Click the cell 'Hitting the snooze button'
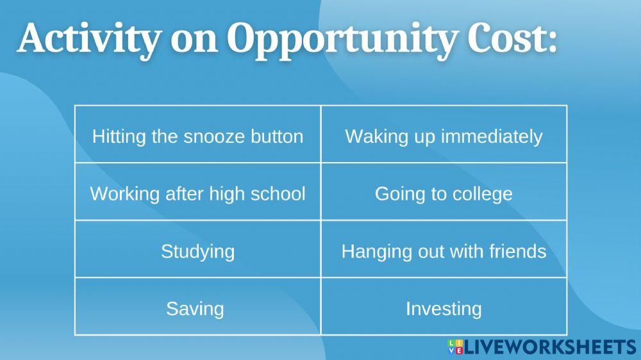pyautogui.click(x=197, y=136)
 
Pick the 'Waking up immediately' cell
pyautogui.click(x=444, y=136)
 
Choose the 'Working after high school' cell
pyautogui.click(x=197, y=193)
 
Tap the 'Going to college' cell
pyautogui.click(x=444, y=193)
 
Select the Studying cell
pyautogui.click(x=197, y=250)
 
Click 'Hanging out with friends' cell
pyautogui.click(x=444, y=250)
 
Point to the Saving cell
pyautogui.click(x=195, y=308)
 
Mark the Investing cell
pyautogui.click(x=444, y=308)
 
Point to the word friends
pyautogui.click(x=516, y=250)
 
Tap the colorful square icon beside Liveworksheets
pyautogui.click(x=455, y=347)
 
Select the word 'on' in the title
pyautogui.click(x=191, y=40)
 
